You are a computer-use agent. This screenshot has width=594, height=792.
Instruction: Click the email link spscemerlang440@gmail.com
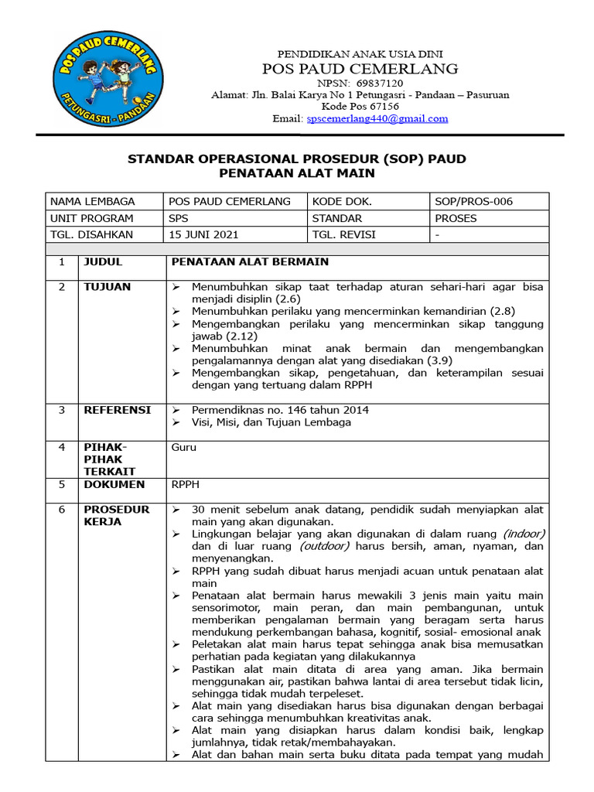(377, 118)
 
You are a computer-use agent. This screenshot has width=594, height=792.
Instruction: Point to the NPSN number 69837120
(376, 83)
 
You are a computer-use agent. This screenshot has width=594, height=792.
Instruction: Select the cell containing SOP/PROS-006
(473, 201)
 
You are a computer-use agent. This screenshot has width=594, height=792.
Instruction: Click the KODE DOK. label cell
(342, 201)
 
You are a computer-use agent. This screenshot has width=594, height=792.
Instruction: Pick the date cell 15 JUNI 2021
(204, 234)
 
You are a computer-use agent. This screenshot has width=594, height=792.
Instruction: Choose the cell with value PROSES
(456, 218)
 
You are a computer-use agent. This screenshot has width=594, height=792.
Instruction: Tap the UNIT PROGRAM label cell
(91, 218)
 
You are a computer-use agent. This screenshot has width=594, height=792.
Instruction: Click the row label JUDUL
(103, 262)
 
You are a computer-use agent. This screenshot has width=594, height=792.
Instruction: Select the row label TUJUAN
(107, 287)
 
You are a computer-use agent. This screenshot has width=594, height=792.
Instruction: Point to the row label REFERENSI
(117, 410)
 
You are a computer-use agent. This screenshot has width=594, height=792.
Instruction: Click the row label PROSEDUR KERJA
(116, 516)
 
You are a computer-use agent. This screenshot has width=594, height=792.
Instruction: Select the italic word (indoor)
(523, 534)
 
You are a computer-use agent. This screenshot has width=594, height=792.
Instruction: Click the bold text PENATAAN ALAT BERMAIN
(249, 262)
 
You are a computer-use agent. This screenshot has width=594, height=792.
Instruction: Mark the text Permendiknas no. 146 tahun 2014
(280, 410)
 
